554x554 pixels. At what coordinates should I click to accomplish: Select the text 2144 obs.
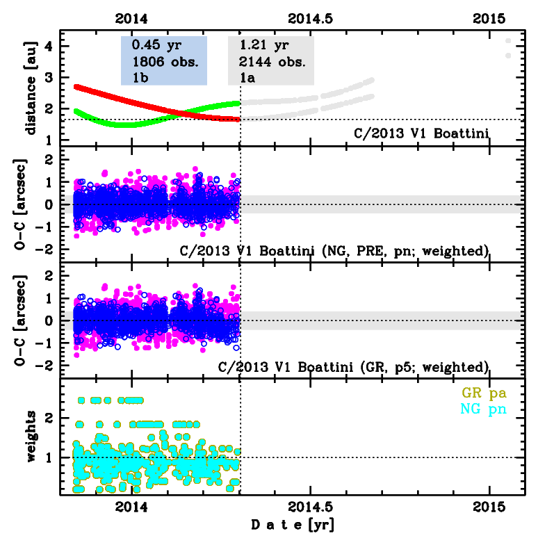point(272,61)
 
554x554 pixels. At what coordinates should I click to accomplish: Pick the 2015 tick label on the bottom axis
point(489,506)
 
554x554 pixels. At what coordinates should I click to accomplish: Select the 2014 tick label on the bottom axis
point(132,506)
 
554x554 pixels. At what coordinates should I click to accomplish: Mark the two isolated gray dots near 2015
point(508,48)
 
